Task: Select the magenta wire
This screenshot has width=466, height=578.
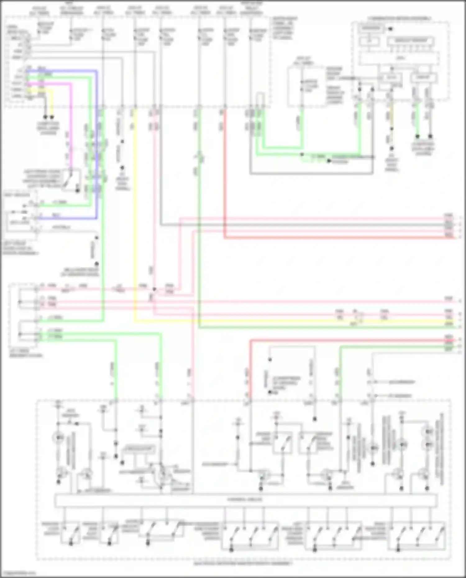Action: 71,124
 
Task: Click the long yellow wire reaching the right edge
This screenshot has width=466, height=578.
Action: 280,321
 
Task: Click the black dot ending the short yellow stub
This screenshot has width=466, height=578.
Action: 52,117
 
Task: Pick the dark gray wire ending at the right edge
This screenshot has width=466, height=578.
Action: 311,225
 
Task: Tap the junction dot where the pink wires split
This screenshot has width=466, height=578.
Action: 154,289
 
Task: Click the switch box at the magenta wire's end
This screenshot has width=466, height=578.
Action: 71,179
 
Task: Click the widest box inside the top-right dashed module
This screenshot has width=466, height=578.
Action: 399,58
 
